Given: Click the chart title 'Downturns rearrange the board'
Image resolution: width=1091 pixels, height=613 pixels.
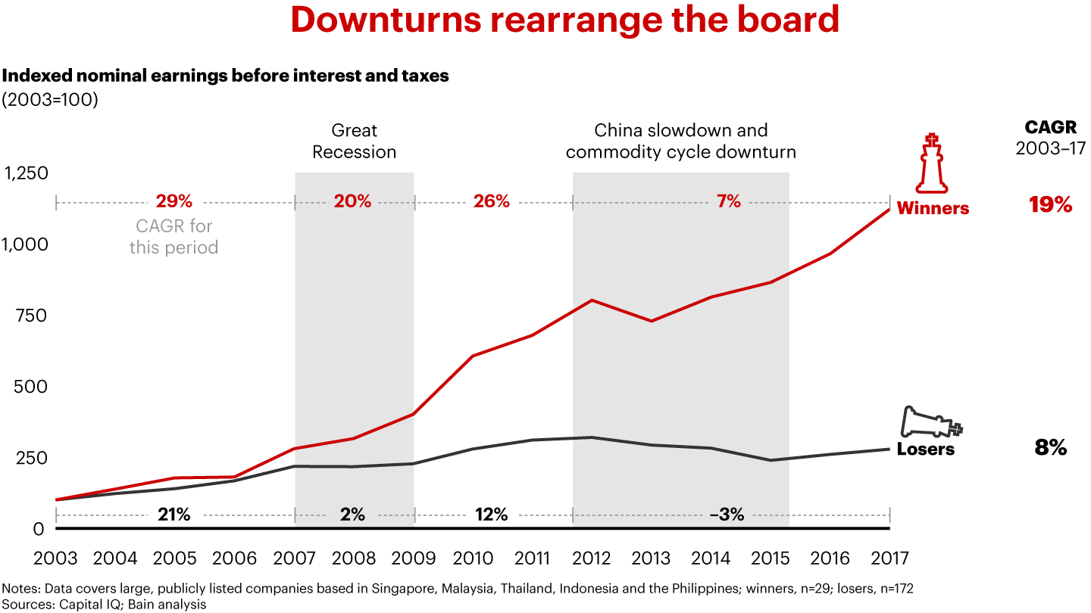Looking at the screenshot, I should coord(564,21).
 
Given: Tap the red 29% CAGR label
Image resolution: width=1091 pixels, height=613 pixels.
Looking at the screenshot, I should coord(174,201).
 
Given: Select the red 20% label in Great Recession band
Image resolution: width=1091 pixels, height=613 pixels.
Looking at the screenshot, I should coord(353,201).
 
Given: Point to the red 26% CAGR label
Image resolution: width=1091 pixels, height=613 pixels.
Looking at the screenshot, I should coord(491,201).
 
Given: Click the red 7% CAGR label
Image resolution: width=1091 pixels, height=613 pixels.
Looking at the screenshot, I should coord(728,201).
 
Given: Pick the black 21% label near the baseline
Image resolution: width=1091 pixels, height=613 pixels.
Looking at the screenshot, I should coord(173,515).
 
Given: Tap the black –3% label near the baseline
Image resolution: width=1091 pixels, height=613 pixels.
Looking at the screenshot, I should coord(727,515).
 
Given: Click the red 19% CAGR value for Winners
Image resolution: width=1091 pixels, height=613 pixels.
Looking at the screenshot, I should coord(1050,204).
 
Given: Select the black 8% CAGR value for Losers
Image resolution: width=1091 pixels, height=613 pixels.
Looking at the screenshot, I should coord(1050,447).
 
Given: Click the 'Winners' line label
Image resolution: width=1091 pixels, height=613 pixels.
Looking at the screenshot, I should coord(933,208).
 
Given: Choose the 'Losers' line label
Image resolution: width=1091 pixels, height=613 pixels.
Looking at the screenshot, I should coord(925,450).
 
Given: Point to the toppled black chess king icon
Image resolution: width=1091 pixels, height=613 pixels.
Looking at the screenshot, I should coord(930,422).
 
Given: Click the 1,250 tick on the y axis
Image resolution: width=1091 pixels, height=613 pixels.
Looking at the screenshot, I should coord(27,173).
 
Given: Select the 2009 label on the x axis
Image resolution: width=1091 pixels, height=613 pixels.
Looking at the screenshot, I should coord(414,559).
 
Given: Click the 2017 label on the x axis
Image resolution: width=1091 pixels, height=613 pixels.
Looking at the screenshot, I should coord(889,559).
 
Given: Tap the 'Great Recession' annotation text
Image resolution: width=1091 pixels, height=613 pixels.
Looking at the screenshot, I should coord(354,141).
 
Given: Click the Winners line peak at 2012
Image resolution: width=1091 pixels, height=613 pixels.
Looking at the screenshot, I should coord(592,300).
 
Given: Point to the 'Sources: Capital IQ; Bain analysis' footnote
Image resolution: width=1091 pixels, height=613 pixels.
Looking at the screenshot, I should coord(104,605).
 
